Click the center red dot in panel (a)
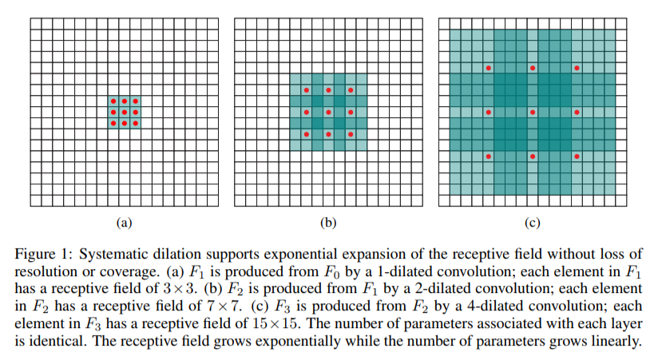point(124,113)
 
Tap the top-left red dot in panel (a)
point(113,101)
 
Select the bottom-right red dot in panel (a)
point(135,124)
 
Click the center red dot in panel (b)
point(328,113)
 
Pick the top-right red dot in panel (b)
point(351,90)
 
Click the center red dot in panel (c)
point(533,113)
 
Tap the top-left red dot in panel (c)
point(488,68)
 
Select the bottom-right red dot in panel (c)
point(577,157)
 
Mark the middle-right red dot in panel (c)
point(577,113)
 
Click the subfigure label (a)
point(124,224)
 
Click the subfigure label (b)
point(328,224)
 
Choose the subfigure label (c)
point(533,224)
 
